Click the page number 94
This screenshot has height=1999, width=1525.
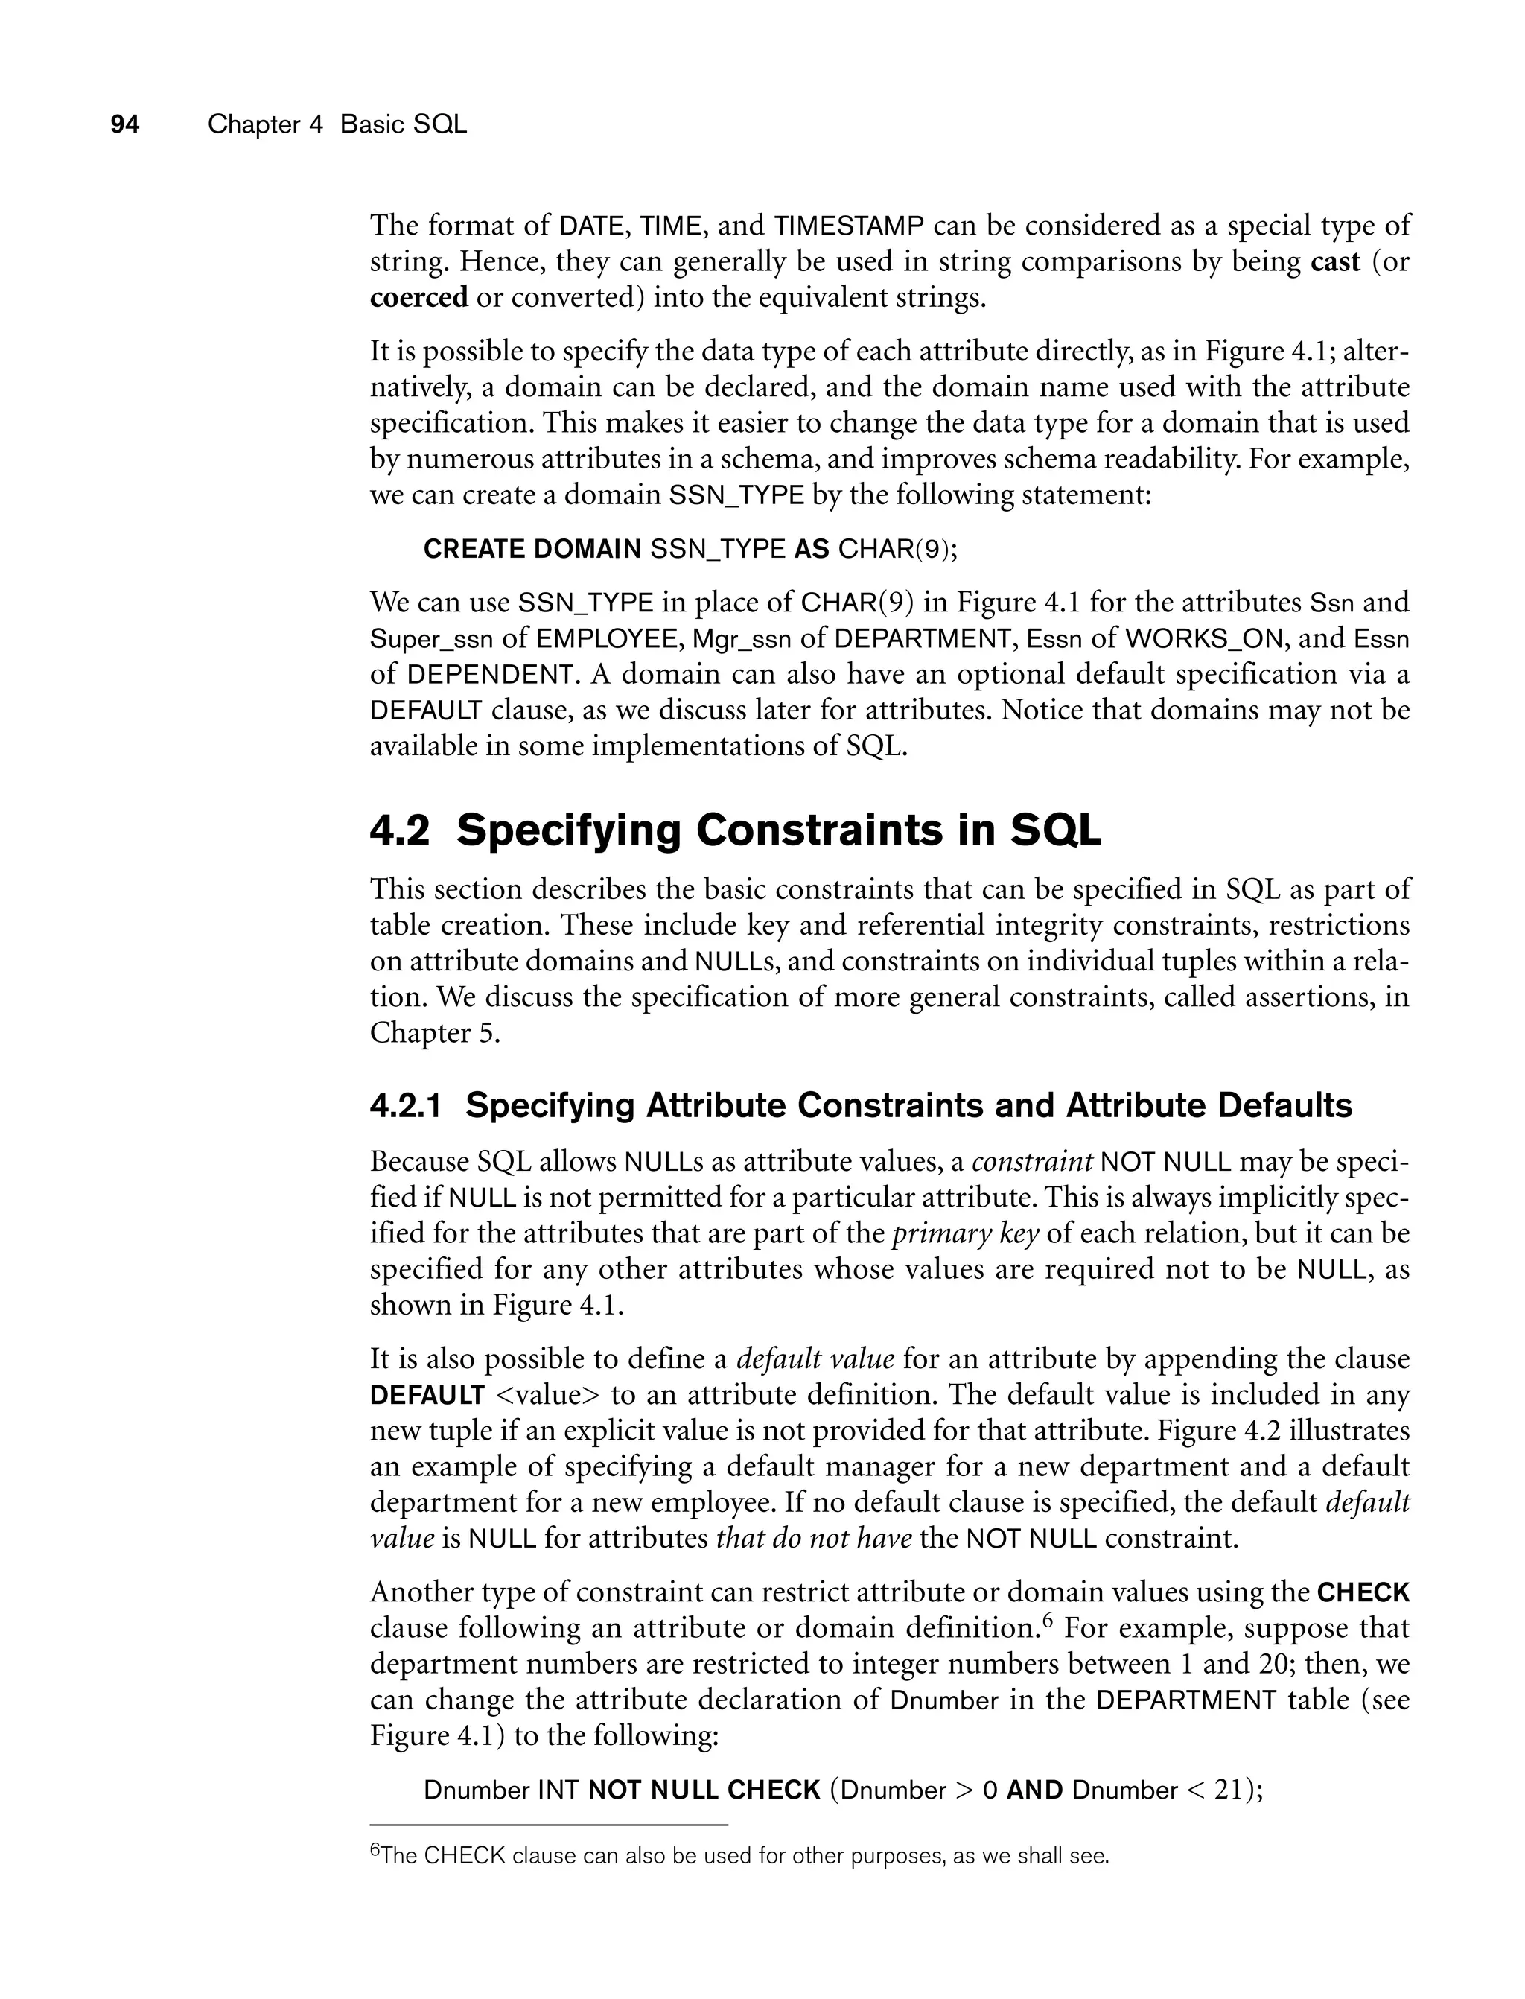pyautogui.click(x=124, y=124)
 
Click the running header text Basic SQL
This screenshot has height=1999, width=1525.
pyautogui.click(x=403, y=124)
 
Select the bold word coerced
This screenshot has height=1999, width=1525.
pyautogui.click(x=418, y=297)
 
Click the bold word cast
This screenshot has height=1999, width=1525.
pyautogui.click(x=1335, y=261)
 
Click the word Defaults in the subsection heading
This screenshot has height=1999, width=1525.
pyautogui.click(x=1284, y=1106)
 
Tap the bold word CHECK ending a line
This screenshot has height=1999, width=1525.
pyautogui.click(x=1363, y=1592)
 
